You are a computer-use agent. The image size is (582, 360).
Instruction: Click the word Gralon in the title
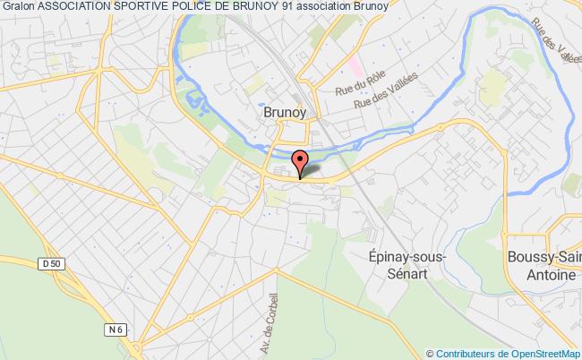click(x=18, y=8)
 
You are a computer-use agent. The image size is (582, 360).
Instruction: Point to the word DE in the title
click(x=225, y=8)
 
